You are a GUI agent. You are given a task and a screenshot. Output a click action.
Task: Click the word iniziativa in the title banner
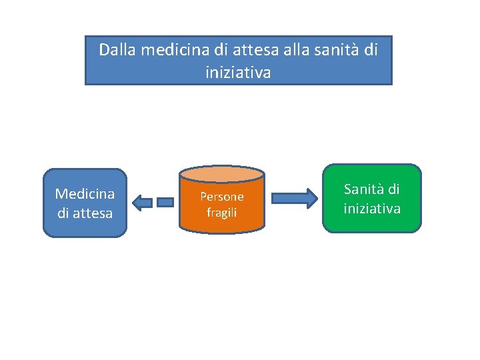(238, 73)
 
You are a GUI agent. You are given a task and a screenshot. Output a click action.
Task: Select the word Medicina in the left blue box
(85, 194)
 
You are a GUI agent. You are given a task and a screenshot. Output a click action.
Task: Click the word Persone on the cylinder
(222, 197)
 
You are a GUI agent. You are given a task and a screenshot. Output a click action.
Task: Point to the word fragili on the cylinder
(222, 213)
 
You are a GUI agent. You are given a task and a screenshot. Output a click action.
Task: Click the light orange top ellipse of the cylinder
(222, 174)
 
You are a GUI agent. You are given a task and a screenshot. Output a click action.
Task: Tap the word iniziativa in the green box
(372, 209)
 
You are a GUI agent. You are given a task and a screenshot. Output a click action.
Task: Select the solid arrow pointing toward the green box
(294, 198)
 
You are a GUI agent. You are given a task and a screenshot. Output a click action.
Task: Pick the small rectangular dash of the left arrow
(165, 201)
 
